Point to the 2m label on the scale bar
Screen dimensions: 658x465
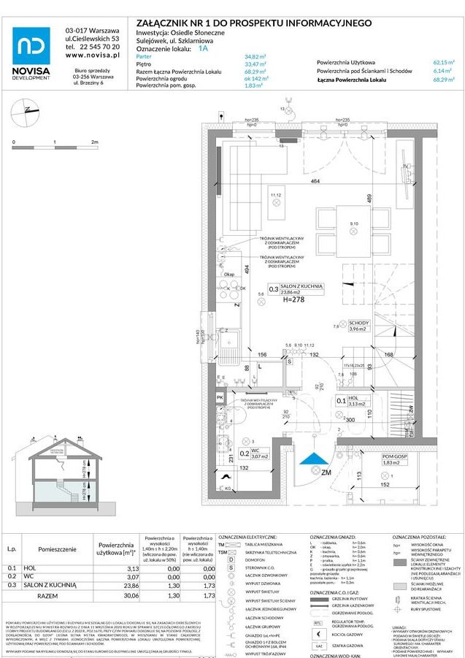point(94,142)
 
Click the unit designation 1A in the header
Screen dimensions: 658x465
point(202,48)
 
